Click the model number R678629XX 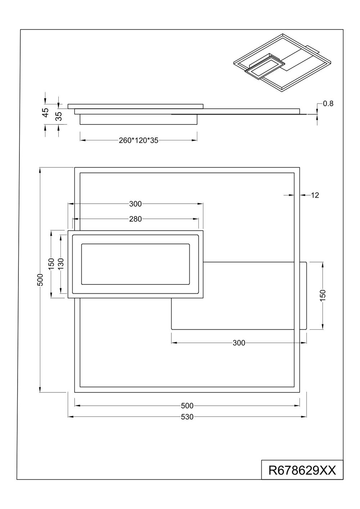(x=302, y=470)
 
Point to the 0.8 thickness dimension (x=328, y=104)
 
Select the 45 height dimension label (x=46, y=112)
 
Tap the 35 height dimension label (x=59, y=116)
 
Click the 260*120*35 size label (x=138, y=141)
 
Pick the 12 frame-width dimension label (x=315, y=195)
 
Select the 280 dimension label (x=135, y=219)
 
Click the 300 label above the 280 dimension (x=135, y=204)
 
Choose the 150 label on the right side (x=323, y=296)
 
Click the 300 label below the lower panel (x=239, y=343)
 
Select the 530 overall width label (x=187, y=417)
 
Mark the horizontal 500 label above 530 (x=187, y=406)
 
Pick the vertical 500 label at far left (x=40, y=280)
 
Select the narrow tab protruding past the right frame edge (x=303, y=296)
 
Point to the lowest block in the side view (x=138, y=119)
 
